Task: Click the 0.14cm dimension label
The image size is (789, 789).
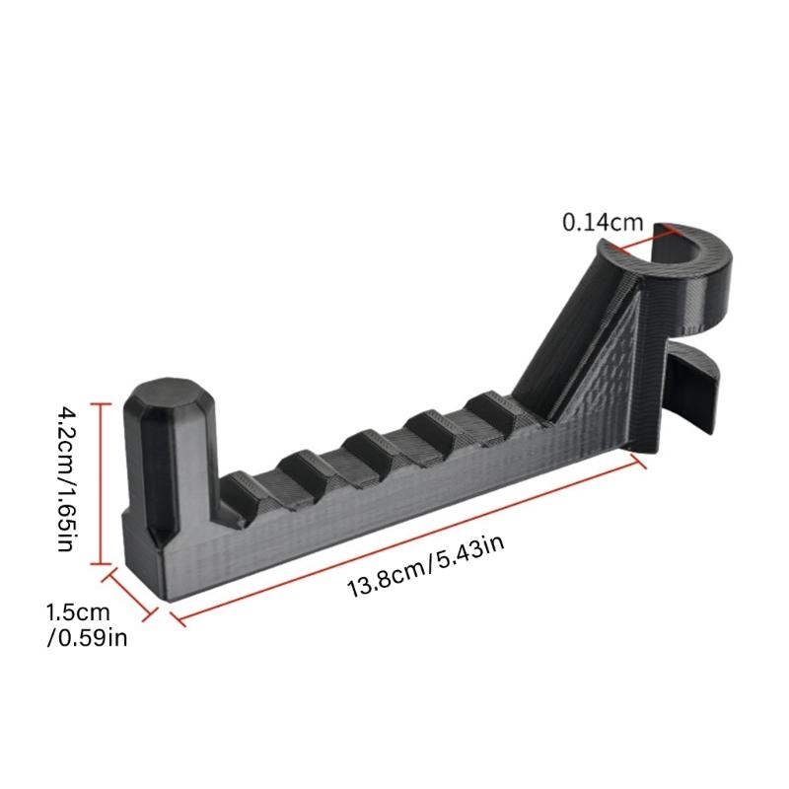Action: coord(603,222)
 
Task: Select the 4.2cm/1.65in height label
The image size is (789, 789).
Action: coord(67,478)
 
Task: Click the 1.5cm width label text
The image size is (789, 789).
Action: coord(78,612)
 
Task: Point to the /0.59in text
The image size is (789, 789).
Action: coord(87,638)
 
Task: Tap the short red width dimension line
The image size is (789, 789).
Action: coord(130,594)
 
